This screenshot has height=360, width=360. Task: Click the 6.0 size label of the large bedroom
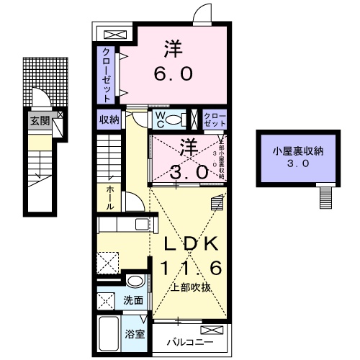click(x=172, y=74)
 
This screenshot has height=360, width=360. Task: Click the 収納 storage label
click(x=109, y=120)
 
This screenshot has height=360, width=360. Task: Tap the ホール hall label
click(x=109, y=197)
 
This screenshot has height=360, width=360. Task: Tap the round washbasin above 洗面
click(x=133, y=280)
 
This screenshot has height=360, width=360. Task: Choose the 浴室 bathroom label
click(x=135, y=333)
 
